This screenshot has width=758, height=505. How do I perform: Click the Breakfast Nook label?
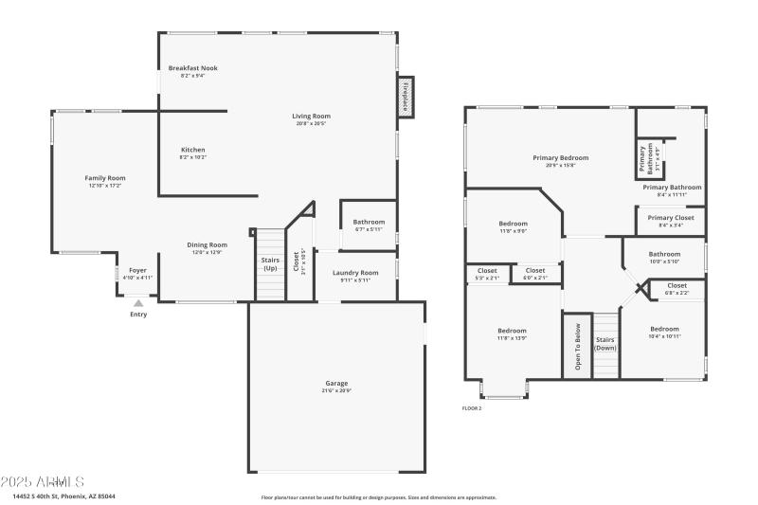click(192, 69)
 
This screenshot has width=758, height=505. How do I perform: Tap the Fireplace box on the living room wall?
click(405, 97)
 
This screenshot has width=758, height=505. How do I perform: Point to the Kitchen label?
click(192, 151)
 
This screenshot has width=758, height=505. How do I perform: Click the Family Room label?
click(105, 179)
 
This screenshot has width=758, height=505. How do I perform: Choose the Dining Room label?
click(207, 245)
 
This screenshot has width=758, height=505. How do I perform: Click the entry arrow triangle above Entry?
click(138, 303)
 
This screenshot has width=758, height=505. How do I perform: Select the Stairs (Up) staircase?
click(270, 264)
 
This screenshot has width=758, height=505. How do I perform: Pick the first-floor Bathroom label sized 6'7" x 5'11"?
click(369, 224)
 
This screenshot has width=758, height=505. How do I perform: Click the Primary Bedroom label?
click(560, 159)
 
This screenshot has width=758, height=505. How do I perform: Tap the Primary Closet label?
click(671, 219)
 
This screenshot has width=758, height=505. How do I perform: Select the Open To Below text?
click(576, 345)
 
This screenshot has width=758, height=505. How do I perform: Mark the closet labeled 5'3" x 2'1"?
click(487, 272)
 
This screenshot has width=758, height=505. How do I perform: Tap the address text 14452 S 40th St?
click(45, 496)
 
